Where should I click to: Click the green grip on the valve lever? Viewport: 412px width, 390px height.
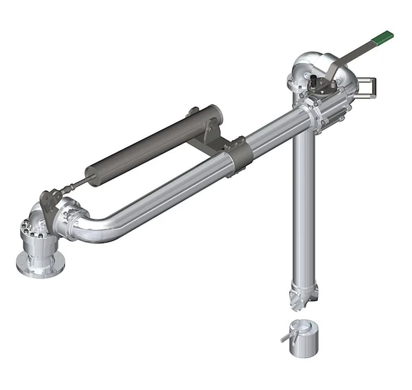382,37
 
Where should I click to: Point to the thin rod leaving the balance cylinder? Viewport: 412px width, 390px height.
72,186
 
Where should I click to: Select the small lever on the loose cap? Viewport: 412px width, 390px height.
287,336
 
